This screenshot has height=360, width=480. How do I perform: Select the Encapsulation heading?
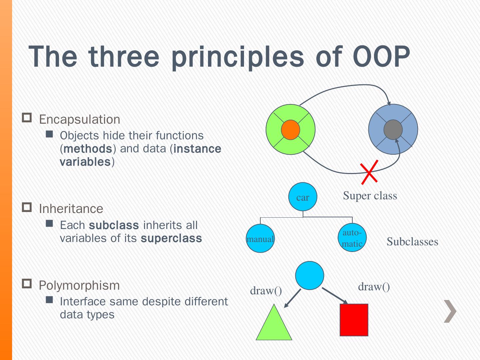tap(79, 119)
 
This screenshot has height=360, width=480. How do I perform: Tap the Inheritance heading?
tap(71, 209)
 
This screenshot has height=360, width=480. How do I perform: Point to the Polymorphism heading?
tap(79, 285)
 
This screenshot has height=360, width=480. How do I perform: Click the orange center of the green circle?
tap(290, 130)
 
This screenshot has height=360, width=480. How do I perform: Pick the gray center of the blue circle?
tap(393, 130)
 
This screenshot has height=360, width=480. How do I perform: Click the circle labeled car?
tap(303, 197)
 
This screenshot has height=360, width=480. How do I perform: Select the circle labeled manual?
tap(260, 238)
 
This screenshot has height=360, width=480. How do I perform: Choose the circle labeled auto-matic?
tap(352, 238)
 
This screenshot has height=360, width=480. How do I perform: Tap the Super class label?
tap(370, 195)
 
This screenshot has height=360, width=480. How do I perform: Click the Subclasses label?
tap(412, 241)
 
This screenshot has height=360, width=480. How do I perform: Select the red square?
tap(354, 320)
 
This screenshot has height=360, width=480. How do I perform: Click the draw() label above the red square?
tap(374, 287)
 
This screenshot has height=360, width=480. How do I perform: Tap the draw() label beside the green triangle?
tap(266, 291)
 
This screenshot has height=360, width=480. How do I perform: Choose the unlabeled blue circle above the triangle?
tap(310, 275)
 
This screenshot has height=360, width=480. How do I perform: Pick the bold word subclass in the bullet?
tap(114, 225)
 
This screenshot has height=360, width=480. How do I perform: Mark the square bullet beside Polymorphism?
tap(27, 284)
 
